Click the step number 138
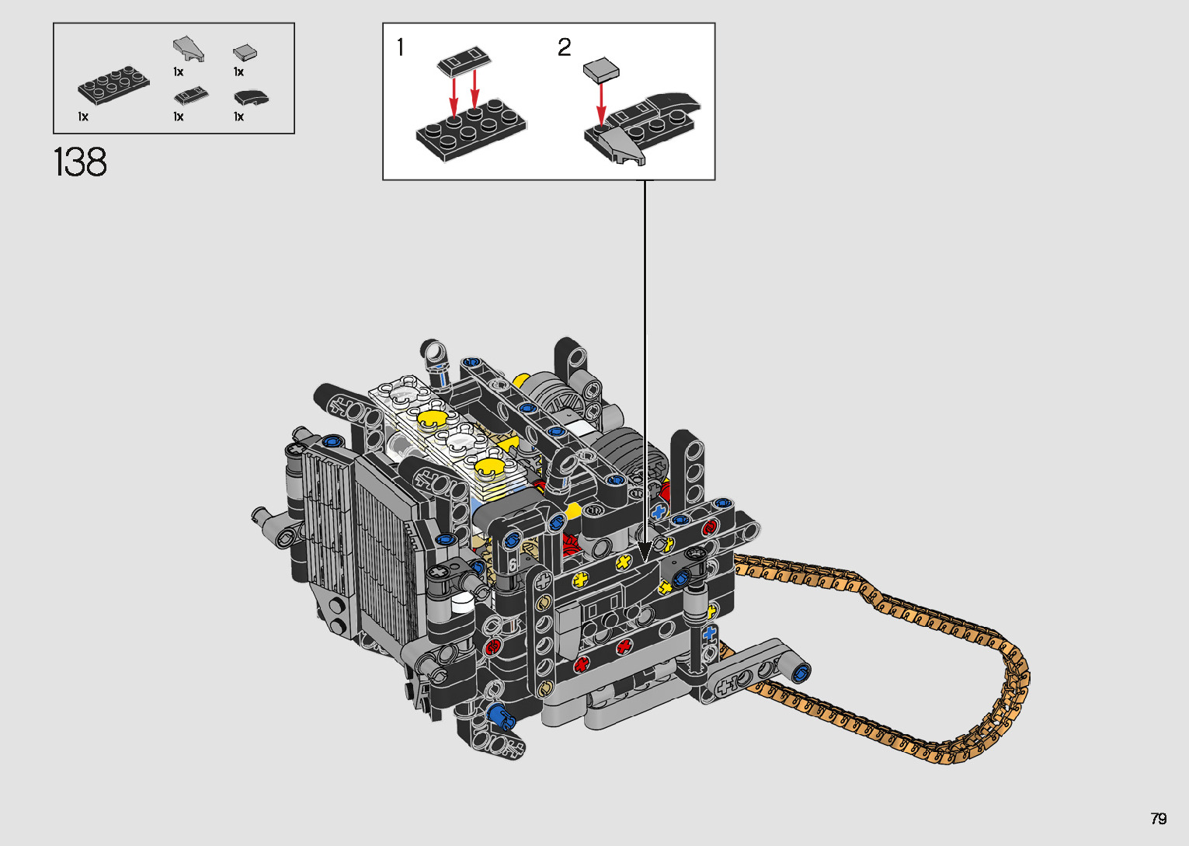point(80,162)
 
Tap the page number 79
point(1159,818)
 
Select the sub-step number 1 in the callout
point(400,47)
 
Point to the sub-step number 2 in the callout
point(565,47)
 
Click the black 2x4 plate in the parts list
point(113,85)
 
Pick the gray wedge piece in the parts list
point(189,49)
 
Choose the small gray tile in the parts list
point(245,53)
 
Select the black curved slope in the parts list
point(251,98)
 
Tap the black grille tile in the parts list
point(190,96)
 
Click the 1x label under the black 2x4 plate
point(83,117)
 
